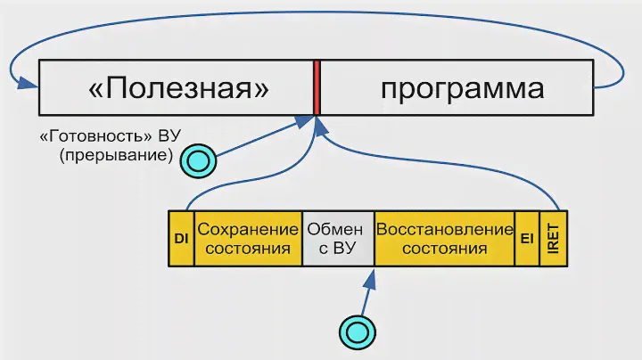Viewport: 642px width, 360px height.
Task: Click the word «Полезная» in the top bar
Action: pos(178,89)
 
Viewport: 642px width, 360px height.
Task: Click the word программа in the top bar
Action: pos(462,89)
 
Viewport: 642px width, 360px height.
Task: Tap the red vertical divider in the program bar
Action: pos(317,87)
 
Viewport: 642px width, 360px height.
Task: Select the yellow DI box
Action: pos(181,239)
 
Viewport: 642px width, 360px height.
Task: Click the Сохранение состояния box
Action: pos(249,239)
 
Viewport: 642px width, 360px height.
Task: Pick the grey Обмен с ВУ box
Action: pos(338,239)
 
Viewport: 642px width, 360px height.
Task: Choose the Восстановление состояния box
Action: pos(444,239)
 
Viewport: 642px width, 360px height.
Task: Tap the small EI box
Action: pos(526,239)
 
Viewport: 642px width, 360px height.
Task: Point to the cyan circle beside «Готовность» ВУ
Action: pos(197,161)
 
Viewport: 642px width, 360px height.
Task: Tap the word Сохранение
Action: pos(249,229)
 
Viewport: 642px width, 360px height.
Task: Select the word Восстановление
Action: pos(444,229)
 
